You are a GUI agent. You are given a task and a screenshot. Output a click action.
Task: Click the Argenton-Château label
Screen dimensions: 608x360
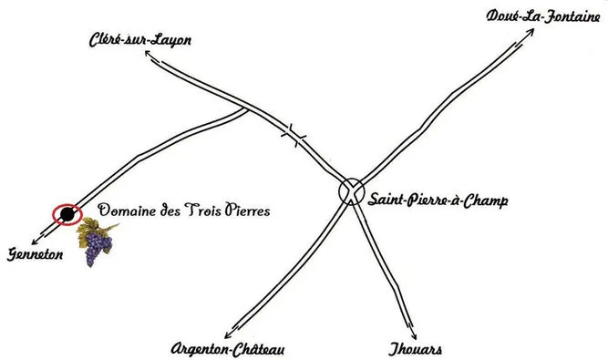coord(228,349)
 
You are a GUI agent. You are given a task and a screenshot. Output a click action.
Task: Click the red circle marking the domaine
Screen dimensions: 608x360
coord(67,214)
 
